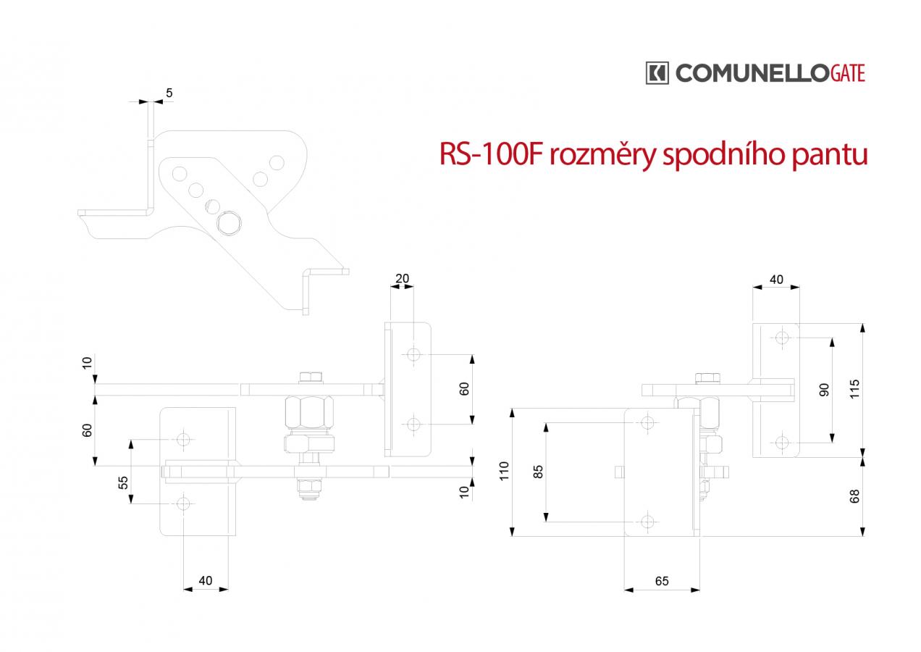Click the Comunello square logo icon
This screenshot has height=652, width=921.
coord(657,73)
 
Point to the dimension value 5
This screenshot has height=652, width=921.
coord(169,93)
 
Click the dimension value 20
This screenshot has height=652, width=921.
coord(402,278)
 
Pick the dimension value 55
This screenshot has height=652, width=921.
coord(123,482)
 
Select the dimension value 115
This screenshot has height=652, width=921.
coord(855,389)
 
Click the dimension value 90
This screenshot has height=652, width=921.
coord(824,390)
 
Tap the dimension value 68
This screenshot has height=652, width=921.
coord(855,496)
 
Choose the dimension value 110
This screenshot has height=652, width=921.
coord(504,471)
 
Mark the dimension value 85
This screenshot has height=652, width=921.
coord(538,472)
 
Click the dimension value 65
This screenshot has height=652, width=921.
coord(662,581)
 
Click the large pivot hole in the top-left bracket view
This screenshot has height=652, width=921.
coord(229,223)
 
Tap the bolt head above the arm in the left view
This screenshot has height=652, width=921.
coord(311,377)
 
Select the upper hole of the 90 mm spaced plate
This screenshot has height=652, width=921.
coord(781,338)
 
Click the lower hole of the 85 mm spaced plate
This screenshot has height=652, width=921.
coord(647,522)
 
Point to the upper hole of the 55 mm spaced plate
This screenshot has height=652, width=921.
coord(183,439)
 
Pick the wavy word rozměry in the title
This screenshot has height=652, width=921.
coord(602,155)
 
